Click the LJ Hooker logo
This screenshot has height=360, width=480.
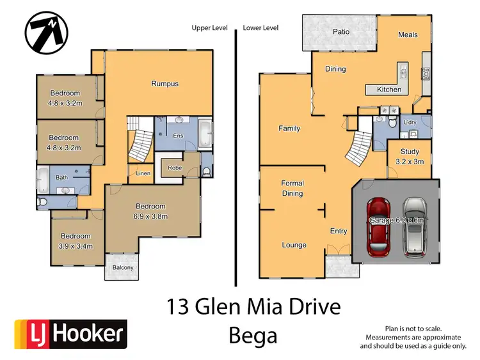71,334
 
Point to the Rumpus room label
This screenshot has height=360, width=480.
164,84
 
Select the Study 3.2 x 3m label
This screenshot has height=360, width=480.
410,157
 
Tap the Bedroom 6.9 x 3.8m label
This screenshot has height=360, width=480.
150,211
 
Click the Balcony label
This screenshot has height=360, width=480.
123,267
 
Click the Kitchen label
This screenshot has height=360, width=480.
389,90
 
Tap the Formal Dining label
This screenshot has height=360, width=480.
292,188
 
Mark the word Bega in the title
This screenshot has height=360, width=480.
254,334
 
